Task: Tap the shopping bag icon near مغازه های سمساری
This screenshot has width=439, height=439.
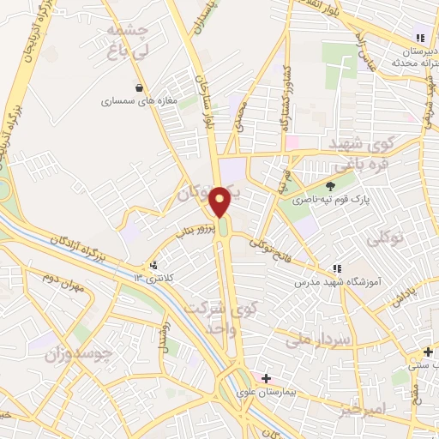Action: pos(139,87)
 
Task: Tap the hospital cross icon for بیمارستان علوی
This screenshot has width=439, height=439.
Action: pos(267,378)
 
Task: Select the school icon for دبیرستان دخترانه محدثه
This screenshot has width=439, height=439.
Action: pos(420,38)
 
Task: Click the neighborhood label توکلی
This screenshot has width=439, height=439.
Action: pos(384,241)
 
